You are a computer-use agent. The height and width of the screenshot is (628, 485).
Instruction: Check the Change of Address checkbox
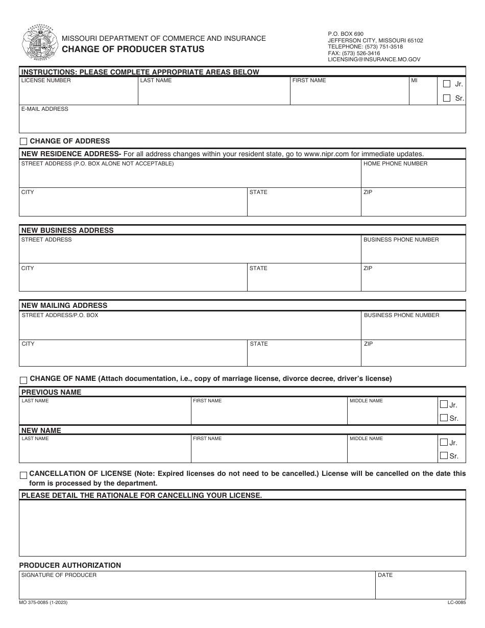pyautogui.click(x=23, y=141)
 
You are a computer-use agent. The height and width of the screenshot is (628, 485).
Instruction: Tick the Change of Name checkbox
pyautogui.click(x=23, y=380)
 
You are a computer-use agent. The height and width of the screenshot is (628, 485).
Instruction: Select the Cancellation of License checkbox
pyautogui.click(x=23, y=475)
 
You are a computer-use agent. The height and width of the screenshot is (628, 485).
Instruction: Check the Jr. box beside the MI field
pyautogui.click(x=447, y=84)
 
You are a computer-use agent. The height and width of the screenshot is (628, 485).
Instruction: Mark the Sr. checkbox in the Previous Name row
pyautogui.click(x=444, y=418)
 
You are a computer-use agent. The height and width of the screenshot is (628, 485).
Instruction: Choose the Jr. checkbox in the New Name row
pyautogui.click(x=444, y=442)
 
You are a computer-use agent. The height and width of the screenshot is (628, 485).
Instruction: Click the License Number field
pyautogui.click(x=79, y=93)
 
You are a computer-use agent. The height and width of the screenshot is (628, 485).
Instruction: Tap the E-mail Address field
pyautogui.click(x=242, y=123)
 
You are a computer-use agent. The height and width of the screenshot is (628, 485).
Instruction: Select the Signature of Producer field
pyautogui.click(x=197, y=588)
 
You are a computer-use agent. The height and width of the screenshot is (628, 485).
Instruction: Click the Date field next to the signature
pyautogui.click(x=420, y=588)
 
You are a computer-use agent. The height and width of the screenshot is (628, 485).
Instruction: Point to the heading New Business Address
pyautogui.click(x=67, y=230)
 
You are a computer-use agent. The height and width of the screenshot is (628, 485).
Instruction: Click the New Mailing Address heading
pyautogui.click(x=64, y=305)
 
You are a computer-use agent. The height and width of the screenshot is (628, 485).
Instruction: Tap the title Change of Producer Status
pyautogui.click(x=133, y=50)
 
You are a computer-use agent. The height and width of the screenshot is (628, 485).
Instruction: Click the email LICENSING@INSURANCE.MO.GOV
pyautogui.click(x=374, y=60)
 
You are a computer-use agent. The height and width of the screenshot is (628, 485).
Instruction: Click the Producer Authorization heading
pyautogui.click(x=70, y=565)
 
